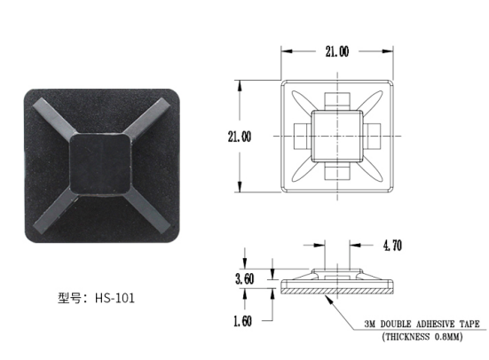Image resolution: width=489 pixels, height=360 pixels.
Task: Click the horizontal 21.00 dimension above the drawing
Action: (337, 51)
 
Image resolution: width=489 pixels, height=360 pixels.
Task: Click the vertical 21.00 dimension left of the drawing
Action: (240, 137)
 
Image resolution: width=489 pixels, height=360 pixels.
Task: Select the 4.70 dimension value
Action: (392, 246)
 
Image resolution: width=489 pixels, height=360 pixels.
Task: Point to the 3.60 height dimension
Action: (245, 278)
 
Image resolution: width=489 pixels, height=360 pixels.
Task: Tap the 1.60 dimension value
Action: (242, 321)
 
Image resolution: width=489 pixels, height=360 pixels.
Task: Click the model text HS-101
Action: (114, 298)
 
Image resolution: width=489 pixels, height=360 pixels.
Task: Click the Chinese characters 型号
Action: (69, 298)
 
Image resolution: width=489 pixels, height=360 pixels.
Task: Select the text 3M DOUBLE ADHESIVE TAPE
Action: (422, 324)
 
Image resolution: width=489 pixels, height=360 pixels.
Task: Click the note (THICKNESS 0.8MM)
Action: (422, 337)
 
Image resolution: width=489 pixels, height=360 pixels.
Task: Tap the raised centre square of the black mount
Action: (100, 164)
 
